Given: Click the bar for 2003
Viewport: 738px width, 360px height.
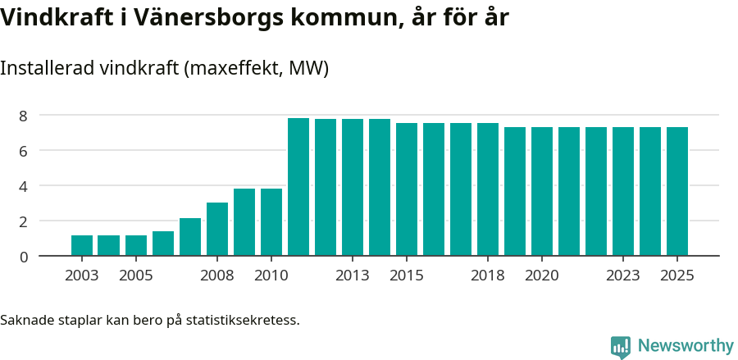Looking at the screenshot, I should point(82,246).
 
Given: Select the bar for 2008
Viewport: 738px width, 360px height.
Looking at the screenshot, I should point(217,230).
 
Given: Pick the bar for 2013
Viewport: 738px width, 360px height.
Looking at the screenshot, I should point(353,188).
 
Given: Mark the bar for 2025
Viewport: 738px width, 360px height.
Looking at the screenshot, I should point(677,192).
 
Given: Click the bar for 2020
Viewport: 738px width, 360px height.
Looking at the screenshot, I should point(542,192).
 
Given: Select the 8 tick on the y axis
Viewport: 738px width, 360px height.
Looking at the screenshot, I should point(24,116).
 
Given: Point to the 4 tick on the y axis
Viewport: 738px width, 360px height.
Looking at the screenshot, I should point(24,186).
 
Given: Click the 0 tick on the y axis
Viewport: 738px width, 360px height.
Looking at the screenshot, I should point(24,257).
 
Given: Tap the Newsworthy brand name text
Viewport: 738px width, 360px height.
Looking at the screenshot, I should point(685,346).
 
